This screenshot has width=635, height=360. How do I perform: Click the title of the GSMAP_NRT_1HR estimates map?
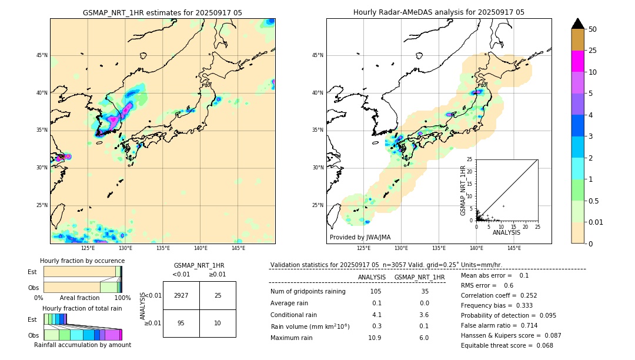pos(162,12)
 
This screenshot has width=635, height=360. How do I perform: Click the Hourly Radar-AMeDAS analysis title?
pos(439,12)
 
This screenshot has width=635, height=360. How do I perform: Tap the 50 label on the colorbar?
pos(593,29)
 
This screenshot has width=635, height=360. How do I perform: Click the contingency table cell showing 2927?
pos(181,295)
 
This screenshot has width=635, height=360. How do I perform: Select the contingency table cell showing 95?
pos(181,323)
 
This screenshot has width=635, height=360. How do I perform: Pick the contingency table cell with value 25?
pos(218,295)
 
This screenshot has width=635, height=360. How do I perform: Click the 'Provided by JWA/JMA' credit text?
pos(360,237)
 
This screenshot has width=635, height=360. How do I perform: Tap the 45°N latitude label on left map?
pos(42,55)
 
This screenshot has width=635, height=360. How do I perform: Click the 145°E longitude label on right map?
pos(514,248)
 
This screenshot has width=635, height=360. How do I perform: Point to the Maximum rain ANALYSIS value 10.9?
pos(375,338)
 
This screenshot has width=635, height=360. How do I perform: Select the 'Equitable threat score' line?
pos(507,345)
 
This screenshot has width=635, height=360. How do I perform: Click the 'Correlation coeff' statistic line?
pos(499,295)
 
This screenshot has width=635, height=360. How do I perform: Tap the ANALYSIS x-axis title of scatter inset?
pos(506,232)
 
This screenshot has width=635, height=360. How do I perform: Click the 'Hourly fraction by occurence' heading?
pos(82,261)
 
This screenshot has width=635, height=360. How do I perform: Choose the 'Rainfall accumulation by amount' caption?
pos(82,345)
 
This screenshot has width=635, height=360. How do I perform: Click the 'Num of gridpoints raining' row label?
pos(308,291)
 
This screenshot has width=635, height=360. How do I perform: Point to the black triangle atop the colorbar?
pos(578,24)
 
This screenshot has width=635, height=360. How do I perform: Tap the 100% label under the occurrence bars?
pos(122,298)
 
